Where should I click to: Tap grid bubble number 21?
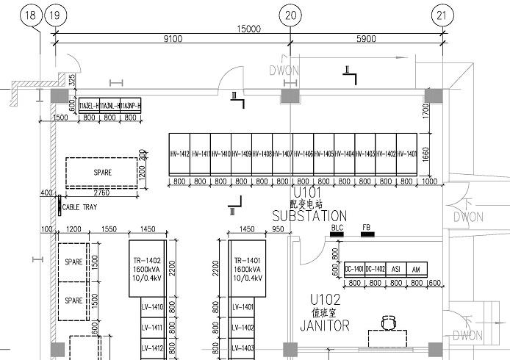coord(442,15)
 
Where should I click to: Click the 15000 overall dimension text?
coord(248,29)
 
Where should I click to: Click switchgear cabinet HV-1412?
coord(179,154)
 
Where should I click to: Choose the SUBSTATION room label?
coord(309,217)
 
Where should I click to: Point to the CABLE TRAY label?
coord(79,208)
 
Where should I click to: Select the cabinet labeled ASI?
coord(395,269)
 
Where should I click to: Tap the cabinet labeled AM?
coord(417,269)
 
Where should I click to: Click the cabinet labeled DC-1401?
coord(354,269)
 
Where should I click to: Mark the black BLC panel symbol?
coord(338,235)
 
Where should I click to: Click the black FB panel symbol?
coord(367,235)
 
